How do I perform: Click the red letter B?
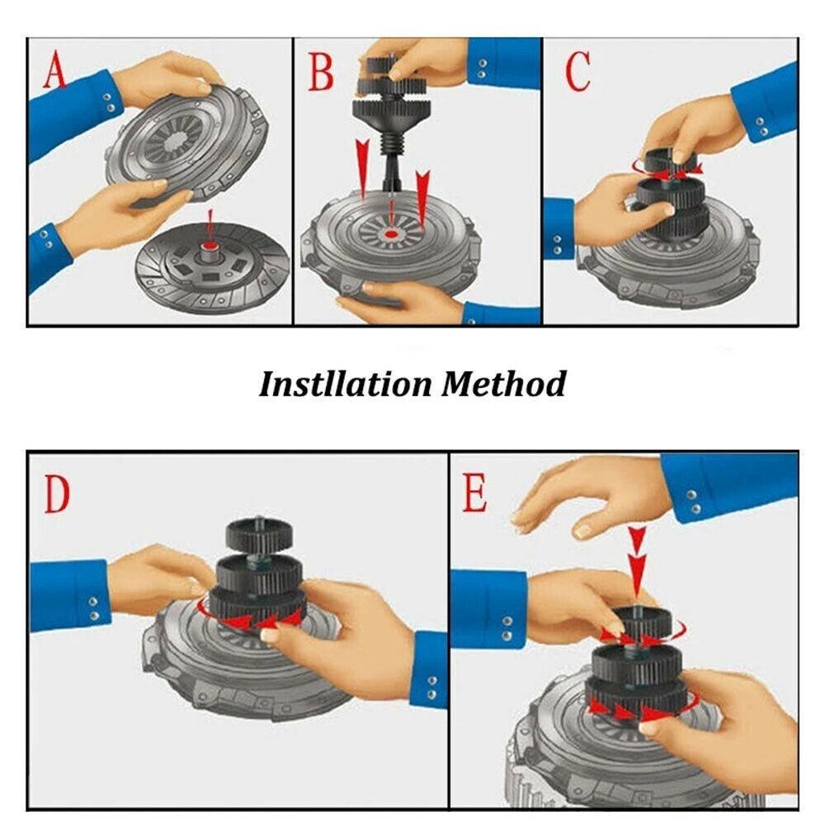click(320, 71)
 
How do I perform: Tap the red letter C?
click(577, 72)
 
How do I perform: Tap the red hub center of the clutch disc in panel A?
click(211, 248)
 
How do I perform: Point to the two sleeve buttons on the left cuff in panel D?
click(92, 608)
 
